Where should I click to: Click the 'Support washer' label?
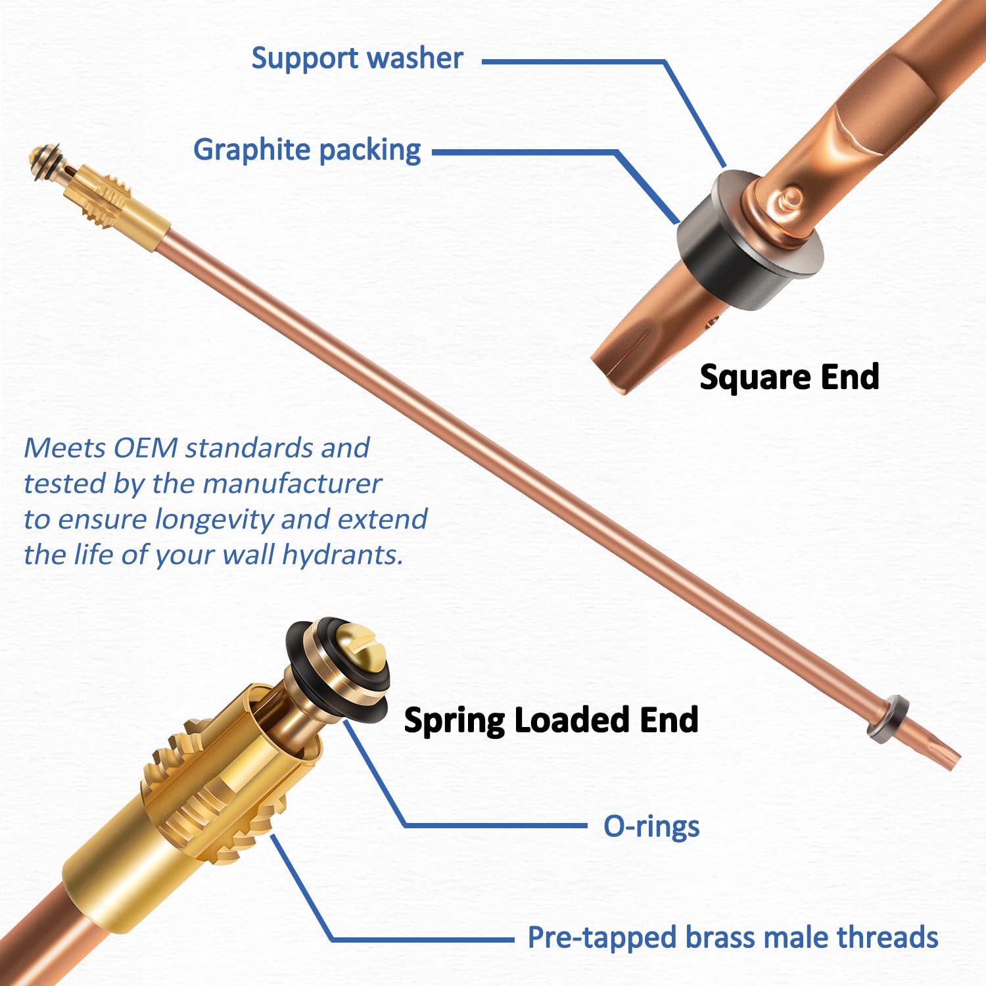[357, 59]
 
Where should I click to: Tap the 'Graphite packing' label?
[307, 151]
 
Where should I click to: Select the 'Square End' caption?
[789, 377]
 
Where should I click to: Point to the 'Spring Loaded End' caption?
[551, 720]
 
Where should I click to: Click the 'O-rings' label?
[651, 826]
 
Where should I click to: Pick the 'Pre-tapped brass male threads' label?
[733, 938]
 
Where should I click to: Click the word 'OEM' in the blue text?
[145, 448]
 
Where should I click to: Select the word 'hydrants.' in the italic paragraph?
[342, 555]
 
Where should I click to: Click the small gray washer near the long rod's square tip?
[889, 718]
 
